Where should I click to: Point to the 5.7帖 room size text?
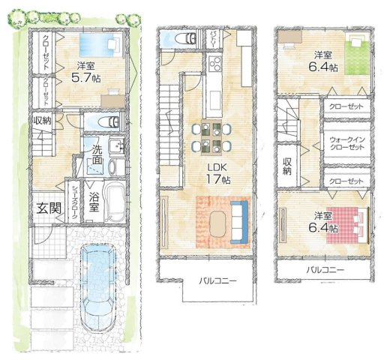84,76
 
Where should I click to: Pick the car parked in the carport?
100,294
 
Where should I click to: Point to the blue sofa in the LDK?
239,217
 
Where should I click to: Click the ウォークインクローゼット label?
346,143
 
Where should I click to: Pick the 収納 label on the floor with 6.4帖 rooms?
286,166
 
